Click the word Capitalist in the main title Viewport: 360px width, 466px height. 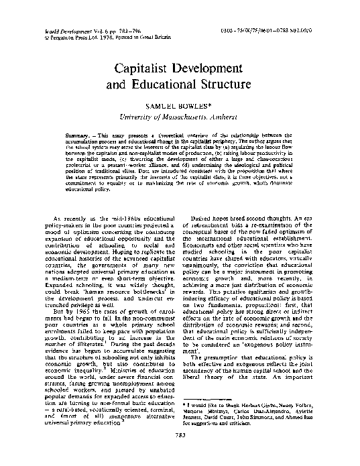(x=146, y=70)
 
